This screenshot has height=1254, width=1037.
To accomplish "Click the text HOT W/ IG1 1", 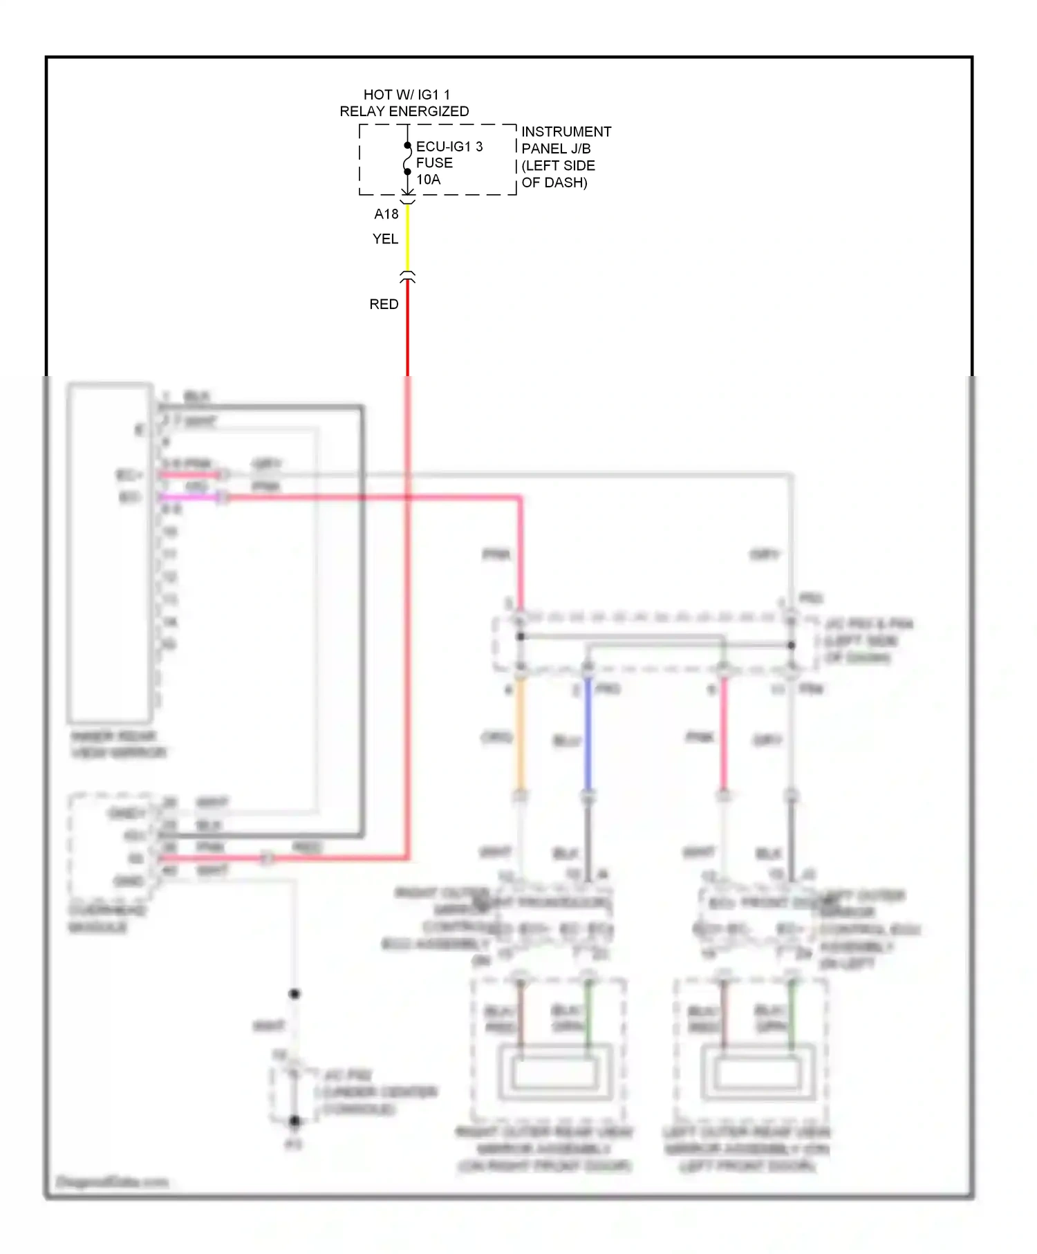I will click(407, 95).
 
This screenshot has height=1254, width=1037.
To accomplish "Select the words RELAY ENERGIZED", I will click(404, 111).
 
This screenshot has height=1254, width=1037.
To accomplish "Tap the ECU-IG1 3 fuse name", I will click(449, 147).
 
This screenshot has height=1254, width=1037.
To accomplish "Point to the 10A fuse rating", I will click(428, 180).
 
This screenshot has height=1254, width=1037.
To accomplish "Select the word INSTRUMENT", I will click(566, 131).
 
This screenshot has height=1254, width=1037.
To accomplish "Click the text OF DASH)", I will click(554, 183).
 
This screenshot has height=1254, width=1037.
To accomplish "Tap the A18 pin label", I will click(386, 214).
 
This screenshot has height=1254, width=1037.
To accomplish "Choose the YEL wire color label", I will click(385, 239).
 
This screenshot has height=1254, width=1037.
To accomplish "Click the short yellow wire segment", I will click(407, 238).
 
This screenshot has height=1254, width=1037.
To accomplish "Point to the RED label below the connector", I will click(384, 304).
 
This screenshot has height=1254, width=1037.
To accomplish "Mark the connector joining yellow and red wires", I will click(407, 277).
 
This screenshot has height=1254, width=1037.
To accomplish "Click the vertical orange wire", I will click(520, 736).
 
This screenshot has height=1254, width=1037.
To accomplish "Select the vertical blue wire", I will click(588, 736).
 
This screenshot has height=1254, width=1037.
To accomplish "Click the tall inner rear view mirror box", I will click(109, 553).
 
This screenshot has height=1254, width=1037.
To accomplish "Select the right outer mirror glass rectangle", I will click(554, 1074).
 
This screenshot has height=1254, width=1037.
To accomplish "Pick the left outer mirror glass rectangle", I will click(758, 1074).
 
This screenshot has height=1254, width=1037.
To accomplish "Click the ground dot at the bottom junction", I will click(295, 1121).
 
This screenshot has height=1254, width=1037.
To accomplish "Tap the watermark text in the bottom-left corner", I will click(112, 1181).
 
